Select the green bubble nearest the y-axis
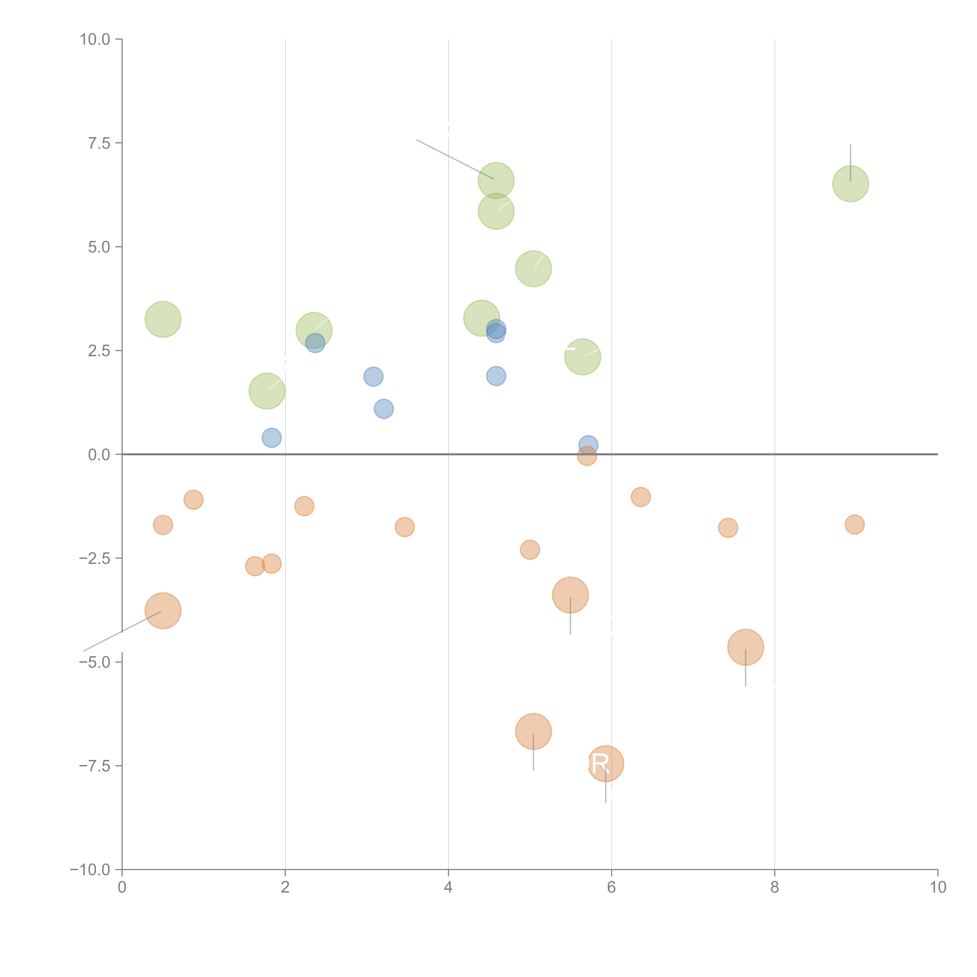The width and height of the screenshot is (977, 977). (163, 319)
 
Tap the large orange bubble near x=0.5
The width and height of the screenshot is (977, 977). (163, 611)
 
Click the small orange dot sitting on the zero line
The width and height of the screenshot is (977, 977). (587, 456)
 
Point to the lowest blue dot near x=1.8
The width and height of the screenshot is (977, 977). (272, 438)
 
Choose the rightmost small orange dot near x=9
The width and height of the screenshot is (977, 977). (854, 524)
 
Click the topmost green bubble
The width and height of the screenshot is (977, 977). (496, 181)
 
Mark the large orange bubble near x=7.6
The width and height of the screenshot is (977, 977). (745, 647)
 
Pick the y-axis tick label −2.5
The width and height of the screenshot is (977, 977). (95, 558)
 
